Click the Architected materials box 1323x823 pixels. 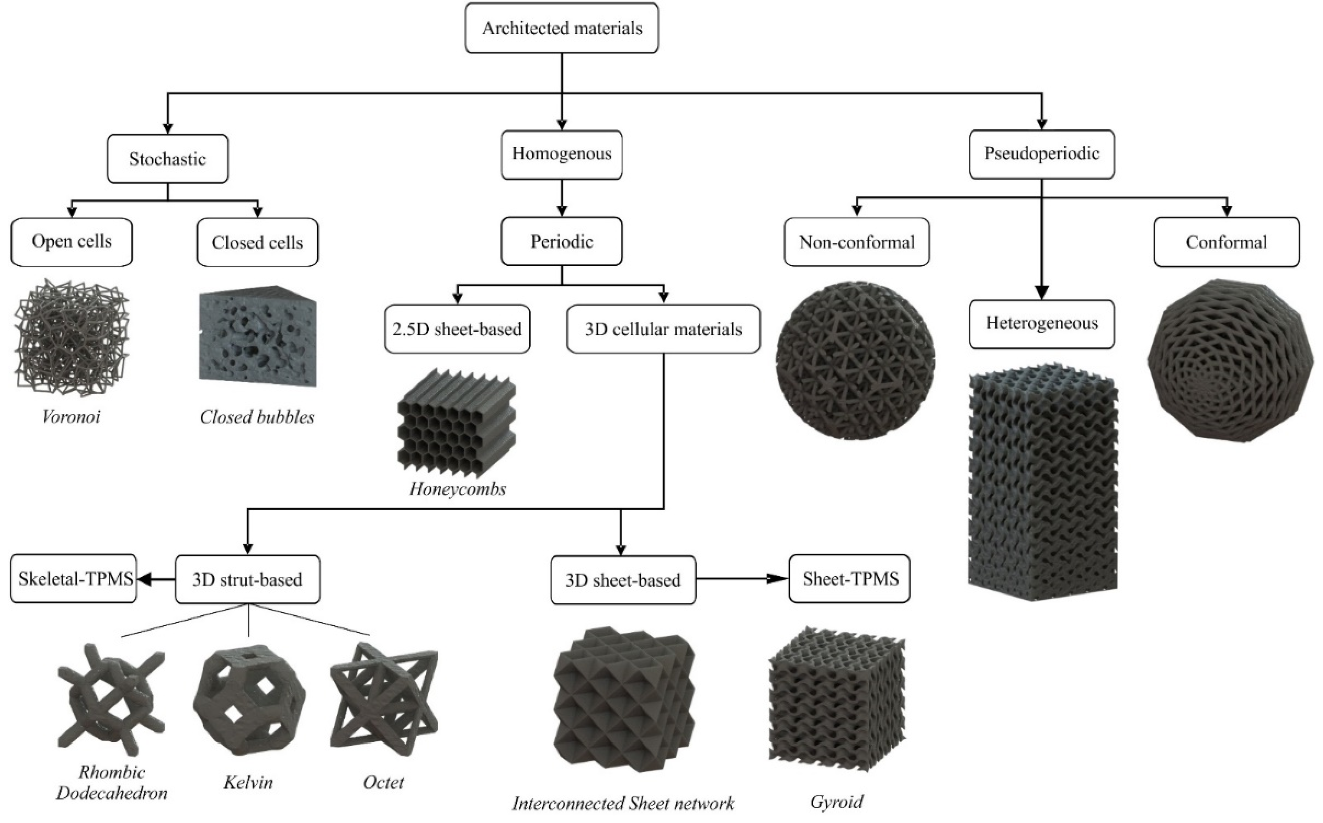561,28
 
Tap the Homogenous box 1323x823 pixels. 561,154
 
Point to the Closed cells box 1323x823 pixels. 257,242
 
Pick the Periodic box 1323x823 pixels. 561,241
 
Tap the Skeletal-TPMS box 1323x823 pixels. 74,579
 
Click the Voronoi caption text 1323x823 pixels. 71,417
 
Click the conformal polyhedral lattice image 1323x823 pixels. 1229,359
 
